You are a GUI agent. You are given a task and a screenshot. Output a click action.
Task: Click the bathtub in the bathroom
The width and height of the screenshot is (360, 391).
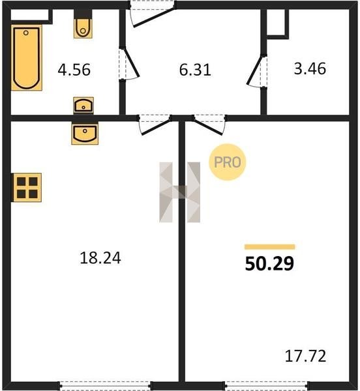tap(27, 57)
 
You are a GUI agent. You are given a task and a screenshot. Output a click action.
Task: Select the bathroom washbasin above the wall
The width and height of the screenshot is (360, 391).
tap(83, 106)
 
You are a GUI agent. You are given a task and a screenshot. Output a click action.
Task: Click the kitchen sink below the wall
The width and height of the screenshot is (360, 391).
tap(85, 134)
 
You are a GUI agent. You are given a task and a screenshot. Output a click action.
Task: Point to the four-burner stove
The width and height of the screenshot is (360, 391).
tap(27, 188)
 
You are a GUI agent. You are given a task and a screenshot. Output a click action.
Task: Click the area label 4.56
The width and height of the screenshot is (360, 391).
tap(74, 70)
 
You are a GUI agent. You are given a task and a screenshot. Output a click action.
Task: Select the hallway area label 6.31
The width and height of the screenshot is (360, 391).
tap(195, 70)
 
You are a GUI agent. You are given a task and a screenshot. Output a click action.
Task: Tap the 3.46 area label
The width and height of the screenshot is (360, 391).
tap(310, 68)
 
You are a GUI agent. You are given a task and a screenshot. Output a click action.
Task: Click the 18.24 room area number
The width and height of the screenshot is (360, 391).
tap(100, 258)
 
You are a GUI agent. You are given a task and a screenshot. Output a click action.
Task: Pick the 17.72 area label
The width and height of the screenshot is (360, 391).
tap(305, 356)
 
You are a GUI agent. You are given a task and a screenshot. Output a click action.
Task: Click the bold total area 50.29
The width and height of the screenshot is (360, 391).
tap(269, 263)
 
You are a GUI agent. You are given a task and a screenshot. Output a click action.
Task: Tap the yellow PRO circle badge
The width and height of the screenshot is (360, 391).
tap(227, 162)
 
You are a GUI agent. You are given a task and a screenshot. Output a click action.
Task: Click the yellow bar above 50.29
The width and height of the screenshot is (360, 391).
tap(270, 247)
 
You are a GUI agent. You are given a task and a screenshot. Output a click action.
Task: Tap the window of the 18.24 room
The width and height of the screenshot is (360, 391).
tap(105, 386)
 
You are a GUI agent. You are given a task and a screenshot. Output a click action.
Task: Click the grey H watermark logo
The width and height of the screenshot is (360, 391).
tap(179, 192)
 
